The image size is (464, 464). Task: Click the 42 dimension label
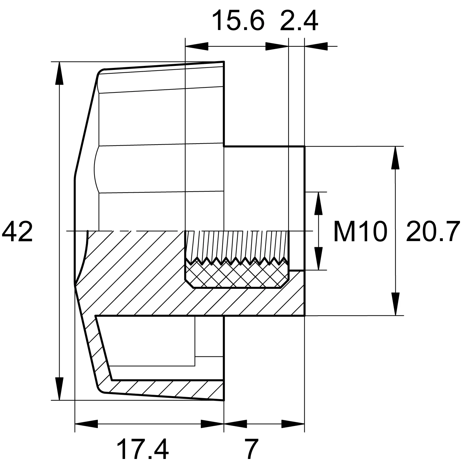[x=17, y=232]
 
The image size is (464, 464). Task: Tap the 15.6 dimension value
[x=238, y=21]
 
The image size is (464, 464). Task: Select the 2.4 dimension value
[x=299, y=21]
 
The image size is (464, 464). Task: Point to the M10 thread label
[x=360, y=232]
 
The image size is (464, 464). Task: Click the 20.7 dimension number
[x=433, y=232]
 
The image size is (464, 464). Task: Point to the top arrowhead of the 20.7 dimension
[x=396, y=158]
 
